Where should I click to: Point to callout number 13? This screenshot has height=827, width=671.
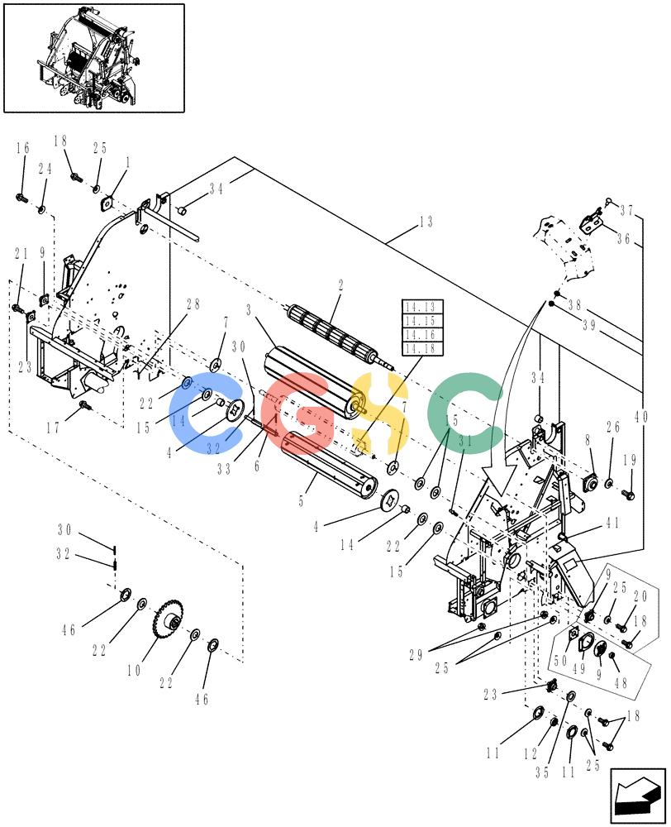pos(426,222)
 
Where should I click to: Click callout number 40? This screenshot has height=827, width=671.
pos(641,417)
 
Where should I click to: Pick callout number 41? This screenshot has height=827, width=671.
pos(612,523)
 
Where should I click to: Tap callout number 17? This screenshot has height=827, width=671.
pos(53,428)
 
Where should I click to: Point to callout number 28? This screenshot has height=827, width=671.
pos(193,304)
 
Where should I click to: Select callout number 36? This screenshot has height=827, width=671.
pos(624,238)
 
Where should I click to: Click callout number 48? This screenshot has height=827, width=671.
pos(621,682)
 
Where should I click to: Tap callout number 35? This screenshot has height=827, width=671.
pos(542,772)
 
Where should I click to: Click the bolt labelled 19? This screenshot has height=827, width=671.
pos(628,495)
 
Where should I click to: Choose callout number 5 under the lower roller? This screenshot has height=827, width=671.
pos(301,500)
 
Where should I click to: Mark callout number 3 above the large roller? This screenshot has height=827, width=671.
pos(249,309)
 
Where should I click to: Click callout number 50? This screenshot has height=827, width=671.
pos(560,659)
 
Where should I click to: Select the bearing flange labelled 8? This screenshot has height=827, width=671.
pos(590,483)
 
